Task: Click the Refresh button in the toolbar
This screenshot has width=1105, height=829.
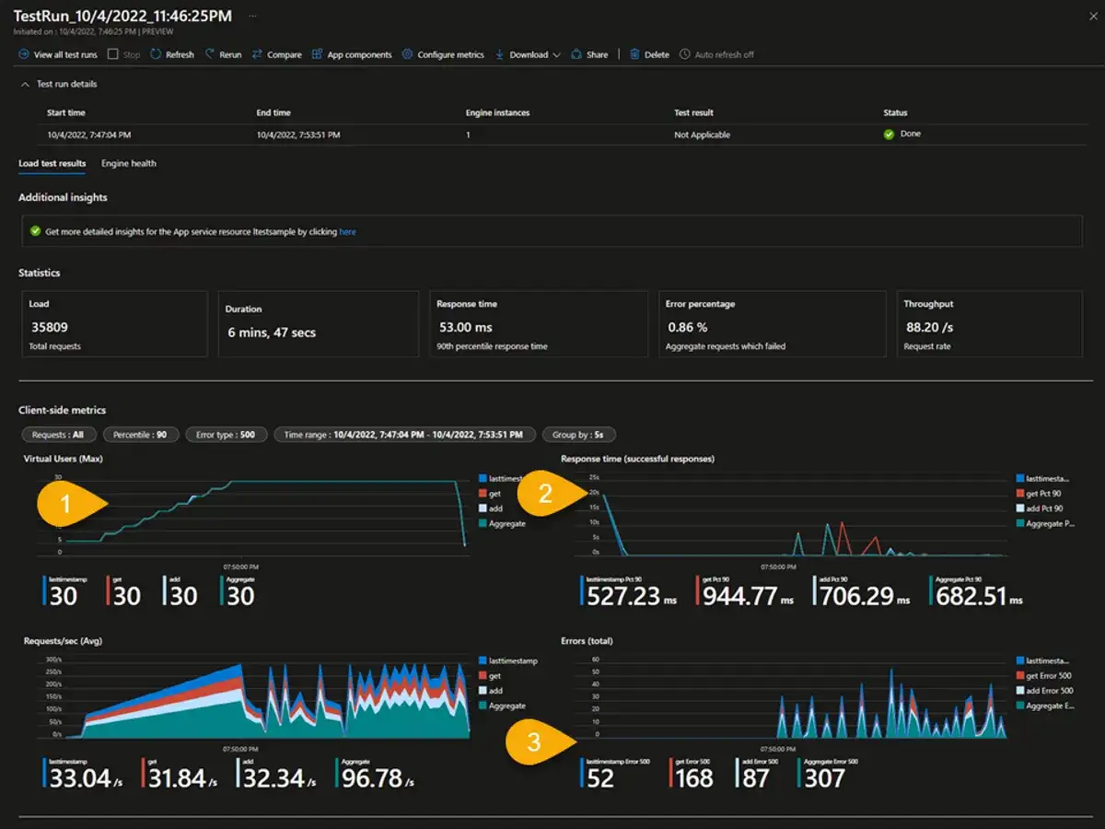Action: pyautogui.click(x=172, y=54)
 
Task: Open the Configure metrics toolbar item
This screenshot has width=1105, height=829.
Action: pyautogui.click(x=443, y=54)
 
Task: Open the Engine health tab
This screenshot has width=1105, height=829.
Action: pyautogui.click(x=129, y=163)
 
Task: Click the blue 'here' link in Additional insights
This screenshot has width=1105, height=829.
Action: pyautogui.click(x=347, y=232)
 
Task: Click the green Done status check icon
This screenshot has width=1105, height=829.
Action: pyautogui.click(x=889, y=134)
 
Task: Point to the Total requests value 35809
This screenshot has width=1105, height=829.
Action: pyautogui.click(x=49, y=327)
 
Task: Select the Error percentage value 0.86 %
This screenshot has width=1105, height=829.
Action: pyautogui.click(x=687, y=327)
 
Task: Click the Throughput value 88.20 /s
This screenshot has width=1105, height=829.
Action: pyautogui.click(x=928, y=327)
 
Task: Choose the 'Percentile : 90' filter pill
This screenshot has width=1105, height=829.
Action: pyautogui.click(x=141, y=435)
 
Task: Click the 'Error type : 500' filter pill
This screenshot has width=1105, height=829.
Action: pyautogui.click(x=227, y=435)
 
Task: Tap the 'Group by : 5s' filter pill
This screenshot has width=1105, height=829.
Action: pyautogui.click(x=578, y=435)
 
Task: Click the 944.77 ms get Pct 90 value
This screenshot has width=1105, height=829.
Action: pyautogui.click(x=740, y=596)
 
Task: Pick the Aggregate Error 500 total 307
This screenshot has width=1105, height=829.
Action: pyautogui.click(x=824, y=779)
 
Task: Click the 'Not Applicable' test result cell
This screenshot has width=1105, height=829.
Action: pyautogui.click(x=702, y=134)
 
